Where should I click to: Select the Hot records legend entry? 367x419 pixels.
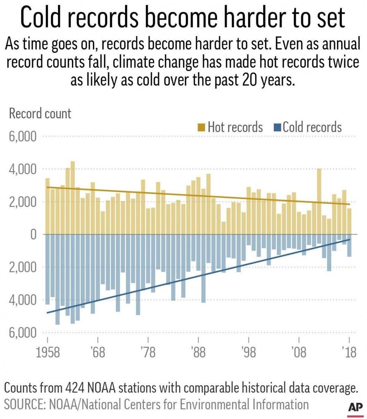[230, 127]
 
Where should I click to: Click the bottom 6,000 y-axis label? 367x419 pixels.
[23, 333]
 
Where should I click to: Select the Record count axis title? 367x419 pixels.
[40, 113]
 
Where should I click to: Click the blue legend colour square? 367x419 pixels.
[277, 127]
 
